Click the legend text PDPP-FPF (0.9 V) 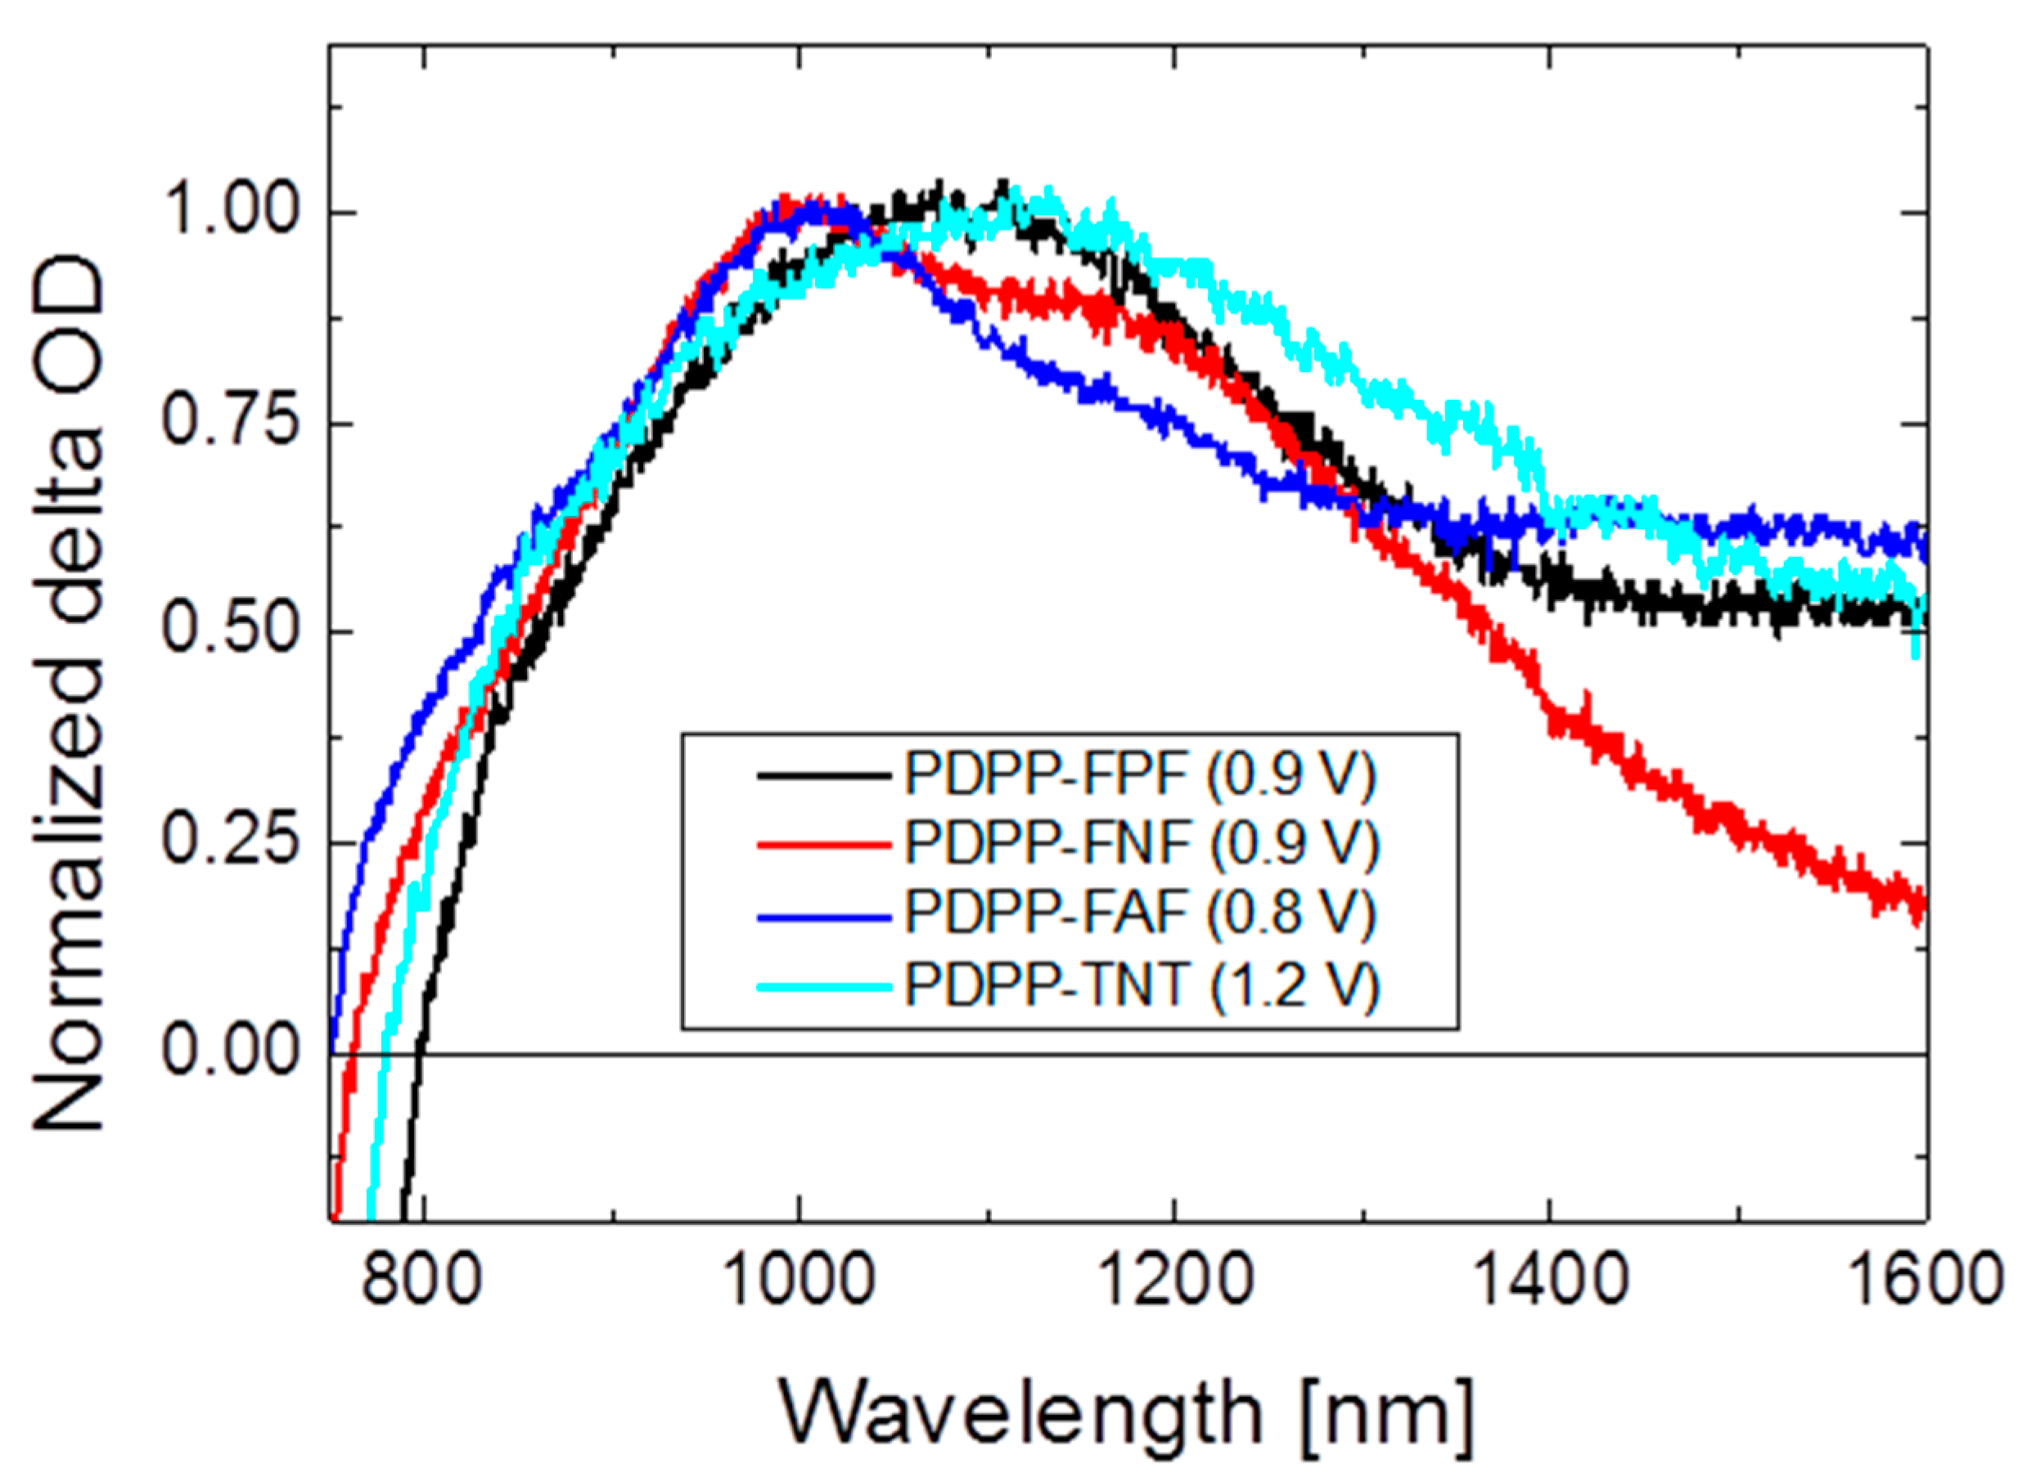[1139, 774]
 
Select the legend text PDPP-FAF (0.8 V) [1139, 914]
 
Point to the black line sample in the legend [823, 775]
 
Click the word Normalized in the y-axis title [68, 905]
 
